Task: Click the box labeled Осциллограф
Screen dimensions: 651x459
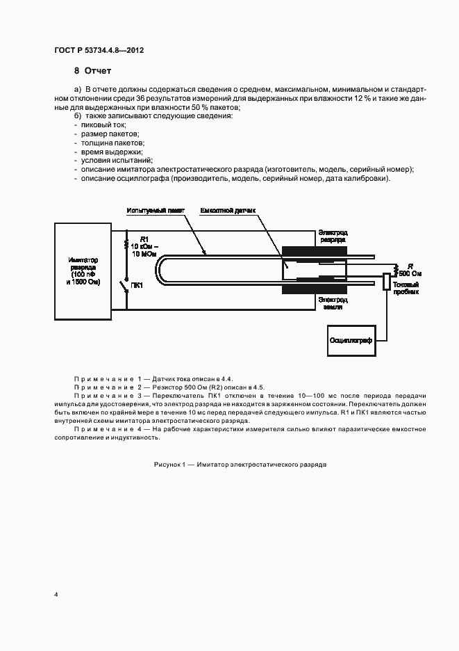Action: point(350,341)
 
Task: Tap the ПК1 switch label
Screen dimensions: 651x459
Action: point(136,285)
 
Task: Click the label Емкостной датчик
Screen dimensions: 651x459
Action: point(228,210)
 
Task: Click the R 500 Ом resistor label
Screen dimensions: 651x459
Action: point(410,270)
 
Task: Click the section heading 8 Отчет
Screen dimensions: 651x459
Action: point(92,71)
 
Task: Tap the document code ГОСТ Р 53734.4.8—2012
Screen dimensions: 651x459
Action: point(99,50)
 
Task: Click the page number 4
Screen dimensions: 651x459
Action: point(56,595)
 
